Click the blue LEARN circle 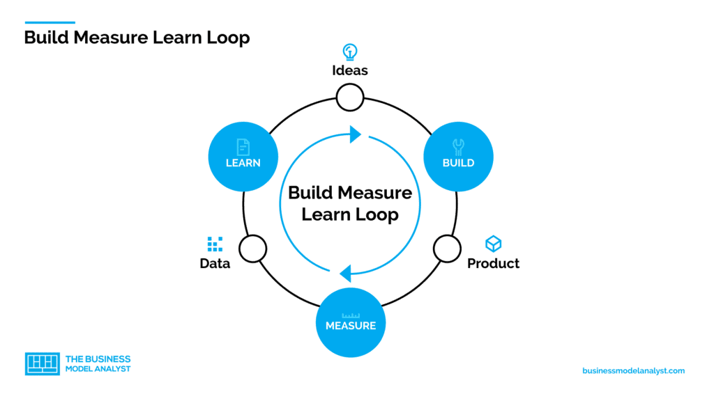[243, 157]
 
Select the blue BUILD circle [458, 157]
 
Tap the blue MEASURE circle [350, 322]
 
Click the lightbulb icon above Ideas [350, 52]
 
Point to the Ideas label [350, 70]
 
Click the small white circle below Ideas [350, 97]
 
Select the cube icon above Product [493, 244]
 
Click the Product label [493, 264]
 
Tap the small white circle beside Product [447, 248]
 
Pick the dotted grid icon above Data [215, 244]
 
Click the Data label [215, 264]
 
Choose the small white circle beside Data [252, 248]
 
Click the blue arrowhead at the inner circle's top [355, 134]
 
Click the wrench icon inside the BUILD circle [458, 146]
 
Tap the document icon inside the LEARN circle [243, 146]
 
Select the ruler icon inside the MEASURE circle [350, 315]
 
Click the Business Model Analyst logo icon [42, 363]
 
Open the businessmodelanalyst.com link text [633, 371]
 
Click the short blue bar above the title [50, 22]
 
